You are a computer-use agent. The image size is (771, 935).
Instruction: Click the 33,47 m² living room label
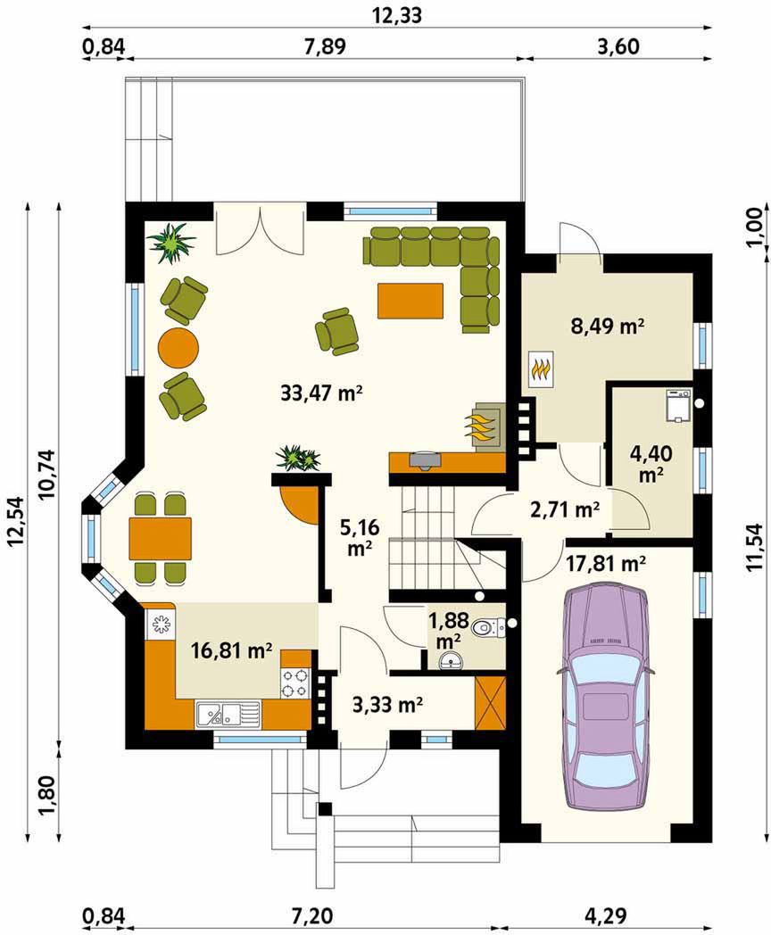pos(322,393)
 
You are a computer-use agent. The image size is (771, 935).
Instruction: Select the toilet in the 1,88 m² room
pos(486,628)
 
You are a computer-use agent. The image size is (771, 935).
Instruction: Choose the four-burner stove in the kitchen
pos(295,683)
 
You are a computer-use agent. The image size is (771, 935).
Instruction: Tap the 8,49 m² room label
pos(609,327)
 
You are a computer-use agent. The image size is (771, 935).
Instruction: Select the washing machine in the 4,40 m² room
pos(678,405)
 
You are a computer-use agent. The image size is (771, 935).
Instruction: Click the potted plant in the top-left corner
pos(171,243)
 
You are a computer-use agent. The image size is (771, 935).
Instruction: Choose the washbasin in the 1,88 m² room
pos(452,661)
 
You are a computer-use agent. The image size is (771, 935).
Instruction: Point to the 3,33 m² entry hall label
pos(388,706)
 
